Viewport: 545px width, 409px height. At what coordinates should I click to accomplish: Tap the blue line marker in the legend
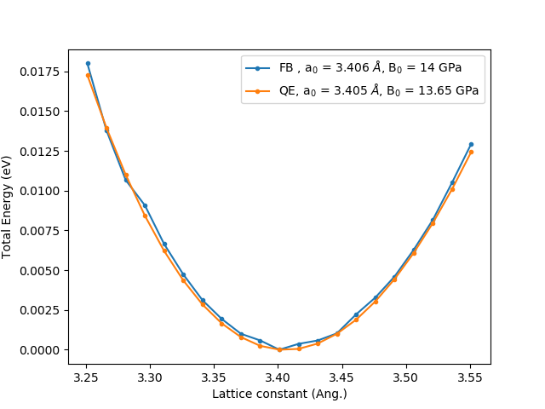(258, 68)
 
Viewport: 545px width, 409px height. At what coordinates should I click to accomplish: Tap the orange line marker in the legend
(258, 89)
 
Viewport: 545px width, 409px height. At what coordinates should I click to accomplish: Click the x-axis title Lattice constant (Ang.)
(279, 394)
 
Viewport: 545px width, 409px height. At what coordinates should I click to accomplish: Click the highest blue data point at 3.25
(88, 63)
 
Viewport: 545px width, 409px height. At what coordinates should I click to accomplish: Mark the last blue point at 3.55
(471, 144)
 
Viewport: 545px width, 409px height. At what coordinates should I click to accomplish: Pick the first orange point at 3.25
(88, 75)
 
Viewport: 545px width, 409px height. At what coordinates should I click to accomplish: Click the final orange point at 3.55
(471, 152)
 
